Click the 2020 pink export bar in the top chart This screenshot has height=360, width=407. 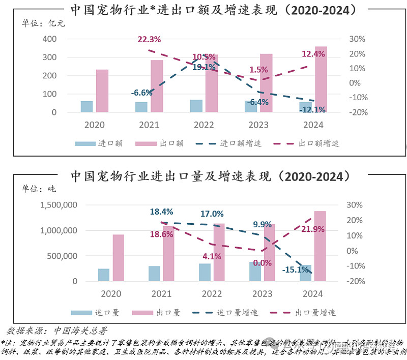102,91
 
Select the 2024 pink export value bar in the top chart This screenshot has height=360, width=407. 321,79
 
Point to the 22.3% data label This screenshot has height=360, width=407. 149,39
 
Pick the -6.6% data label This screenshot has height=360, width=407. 141,93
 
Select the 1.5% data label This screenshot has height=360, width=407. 258,69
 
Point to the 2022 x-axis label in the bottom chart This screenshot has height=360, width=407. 212,294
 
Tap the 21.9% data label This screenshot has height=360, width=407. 312,229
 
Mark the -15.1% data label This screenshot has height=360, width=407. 295,270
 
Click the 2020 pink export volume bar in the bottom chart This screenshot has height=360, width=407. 118,257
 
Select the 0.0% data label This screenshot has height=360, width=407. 263,263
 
